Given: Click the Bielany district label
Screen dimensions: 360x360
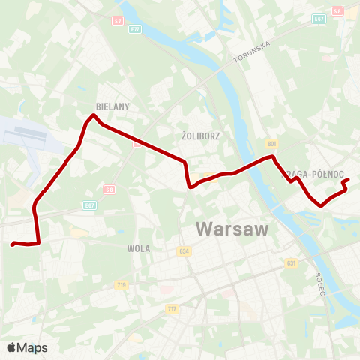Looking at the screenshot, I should point(113,106).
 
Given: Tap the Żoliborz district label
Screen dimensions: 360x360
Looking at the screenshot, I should point(199,136).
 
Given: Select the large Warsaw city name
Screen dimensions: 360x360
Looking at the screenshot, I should point(232,229).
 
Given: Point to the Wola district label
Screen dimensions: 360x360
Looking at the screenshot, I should point(139,248).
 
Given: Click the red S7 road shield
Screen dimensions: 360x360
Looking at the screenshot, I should point(118,20).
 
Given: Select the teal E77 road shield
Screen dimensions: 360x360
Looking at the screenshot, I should point(135,29).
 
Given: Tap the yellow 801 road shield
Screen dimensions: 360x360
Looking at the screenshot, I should point(271,143).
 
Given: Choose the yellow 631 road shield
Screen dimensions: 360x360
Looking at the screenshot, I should point(291,263).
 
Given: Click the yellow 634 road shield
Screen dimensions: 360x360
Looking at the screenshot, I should point(184,251).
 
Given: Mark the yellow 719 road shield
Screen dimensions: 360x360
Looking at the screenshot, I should point(121,285).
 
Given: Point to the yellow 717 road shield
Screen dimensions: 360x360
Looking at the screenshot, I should point(172,309).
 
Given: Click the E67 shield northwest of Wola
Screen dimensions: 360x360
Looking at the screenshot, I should point(89,204).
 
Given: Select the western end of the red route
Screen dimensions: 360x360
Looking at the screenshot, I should point(12,244).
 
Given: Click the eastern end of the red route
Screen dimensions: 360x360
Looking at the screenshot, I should point(349,178).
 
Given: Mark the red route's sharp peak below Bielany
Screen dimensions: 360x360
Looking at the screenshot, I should point(93,115).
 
